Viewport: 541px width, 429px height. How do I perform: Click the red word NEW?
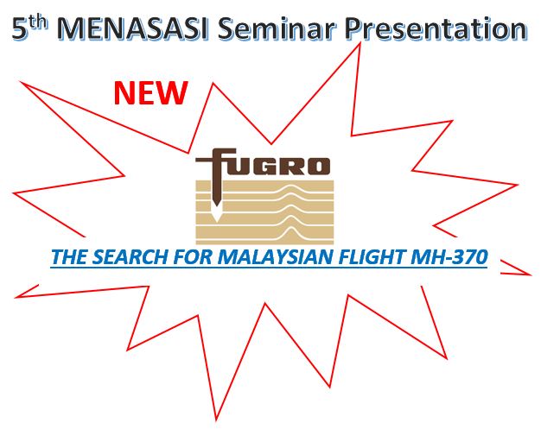click(150, 92)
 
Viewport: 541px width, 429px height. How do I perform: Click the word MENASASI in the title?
click(132, 28)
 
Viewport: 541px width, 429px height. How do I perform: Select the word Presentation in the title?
click(436, 28)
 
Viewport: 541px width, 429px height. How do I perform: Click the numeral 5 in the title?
click(19, 29)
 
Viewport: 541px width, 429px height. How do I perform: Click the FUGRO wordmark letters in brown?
click(263, 162)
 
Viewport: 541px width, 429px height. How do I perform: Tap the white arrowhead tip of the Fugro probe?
click(216, 220)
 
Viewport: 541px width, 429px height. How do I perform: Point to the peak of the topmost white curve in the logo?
click(291, 186)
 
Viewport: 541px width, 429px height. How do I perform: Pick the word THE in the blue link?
click(68, 256)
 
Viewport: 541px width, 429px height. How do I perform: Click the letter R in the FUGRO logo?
click(290, 166)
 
